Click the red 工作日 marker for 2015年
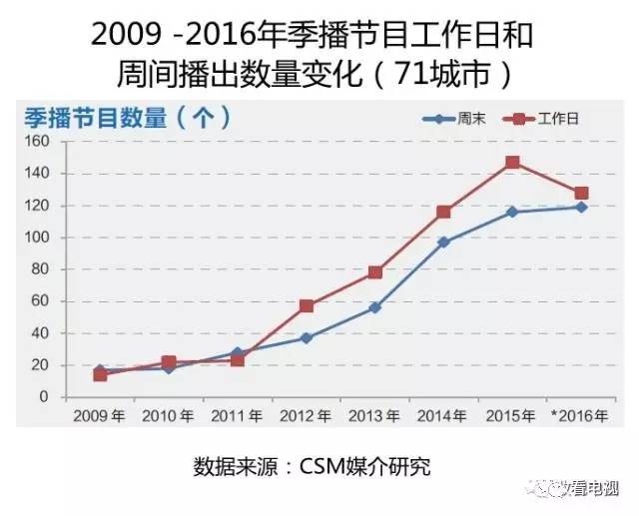512,163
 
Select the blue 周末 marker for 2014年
443,242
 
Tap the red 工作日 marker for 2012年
307,305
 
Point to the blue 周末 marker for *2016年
581,207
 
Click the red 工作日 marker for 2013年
375,272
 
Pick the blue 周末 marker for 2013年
375,307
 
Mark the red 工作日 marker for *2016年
581,193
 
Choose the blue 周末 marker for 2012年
307,337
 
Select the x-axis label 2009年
100,415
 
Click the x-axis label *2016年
580,415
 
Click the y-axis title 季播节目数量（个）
129,118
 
